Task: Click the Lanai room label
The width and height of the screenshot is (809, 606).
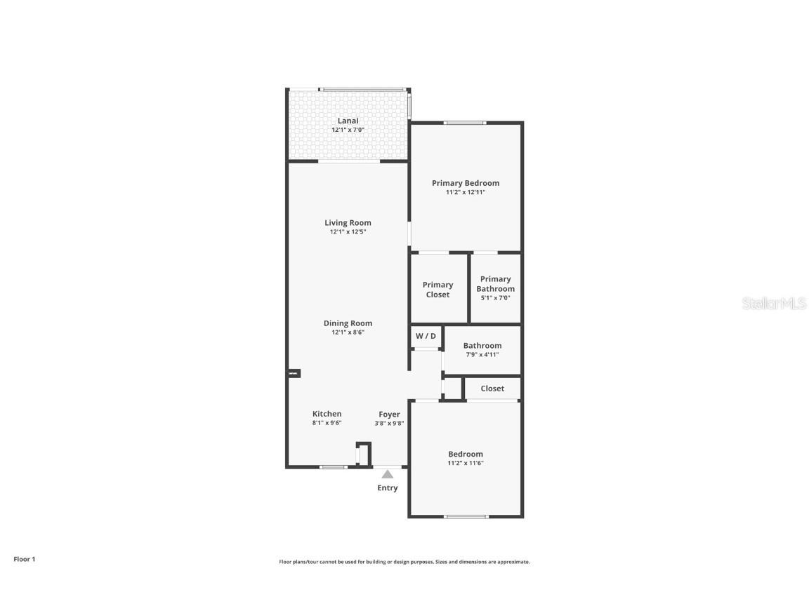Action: click(x=348, y=121)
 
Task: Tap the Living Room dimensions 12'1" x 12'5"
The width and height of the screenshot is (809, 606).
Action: click(x=348, y=231)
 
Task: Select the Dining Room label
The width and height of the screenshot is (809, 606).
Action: click(x=348, y=323)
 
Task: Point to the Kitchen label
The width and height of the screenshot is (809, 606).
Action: click(x=327, y=414)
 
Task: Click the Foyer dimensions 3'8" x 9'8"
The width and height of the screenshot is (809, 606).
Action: click(x=389, y=423)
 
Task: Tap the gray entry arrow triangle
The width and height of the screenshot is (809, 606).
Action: click(x=388, y=474)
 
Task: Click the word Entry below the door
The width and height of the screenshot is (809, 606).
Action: click(x=388, y=488)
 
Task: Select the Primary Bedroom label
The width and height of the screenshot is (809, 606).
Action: click(x=466, y=183)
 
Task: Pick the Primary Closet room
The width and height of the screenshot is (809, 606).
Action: click(x=438, y=290)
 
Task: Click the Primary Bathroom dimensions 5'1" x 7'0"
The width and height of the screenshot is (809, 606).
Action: click(x=495, y=297)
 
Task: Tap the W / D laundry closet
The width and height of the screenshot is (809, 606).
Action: click(x=426, y=336)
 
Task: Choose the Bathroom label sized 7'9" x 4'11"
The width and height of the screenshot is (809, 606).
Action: click(x=482, y=345)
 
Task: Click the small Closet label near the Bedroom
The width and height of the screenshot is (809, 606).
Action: click(x=492, y=389)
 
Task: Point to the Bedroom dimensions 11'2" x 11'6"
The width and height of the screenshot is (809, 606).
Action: click(x=466, y=463)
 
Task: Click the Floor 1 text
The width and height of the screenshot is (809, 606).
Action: click(x=24, y=559)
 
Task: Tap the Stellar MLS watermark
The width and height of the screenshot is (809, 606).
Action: click(x=775, y=303)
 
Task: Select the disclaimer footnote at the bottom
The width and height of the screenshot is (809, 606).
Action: click(x=404, y=562)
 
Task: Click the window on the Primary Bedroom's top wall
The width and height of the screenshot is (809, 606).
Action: click(x=464, y=123)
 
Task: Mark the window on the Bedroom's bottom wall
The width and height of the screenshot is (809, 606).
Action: click(x=466, y=517)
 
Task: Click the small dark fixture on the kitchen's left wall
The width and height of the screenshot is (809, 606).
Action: click(x=294, y=374)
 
